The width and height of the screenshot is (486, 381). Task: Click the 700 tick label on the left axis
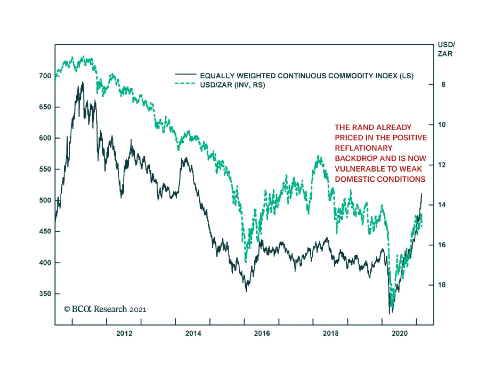click(x=45, y=76)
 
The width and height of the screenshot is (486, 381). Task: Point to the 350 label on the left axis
click(x=45, y=294)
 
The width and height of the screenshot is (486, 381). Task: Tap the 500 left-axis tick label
click(x=45, y=200)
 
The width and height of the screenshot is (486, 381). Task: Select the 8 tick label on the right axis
click(x=443, y=85)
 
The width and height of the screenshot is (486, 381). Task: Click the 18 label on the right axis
click(x=442, y=285)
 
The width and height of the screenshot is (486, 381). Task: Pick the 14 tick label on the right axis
click(x=442, y=205)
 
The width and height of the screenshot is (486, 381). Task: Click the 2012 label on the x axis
click(x=124, y=333)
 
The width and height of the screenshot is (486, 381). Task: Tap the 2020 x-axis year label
click(x=399, y=333)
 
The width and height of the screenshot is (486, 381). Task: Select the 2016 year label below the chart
click(x=262, y=333)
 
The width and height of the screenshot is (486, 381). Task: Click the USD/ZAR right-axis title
click(x=446, y=49)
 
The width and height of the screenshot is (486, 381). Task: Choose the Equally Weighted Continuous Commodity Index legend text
click(x=306, y=76)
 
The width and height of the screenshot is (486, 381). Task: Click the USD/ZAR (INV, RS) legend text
click(x=232, y=85)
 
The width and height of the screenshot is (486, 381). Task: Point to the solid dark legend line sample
click(x=186, y=74)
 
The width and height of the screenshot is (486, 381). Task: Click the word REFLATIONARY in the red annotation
click(x=363, y=148)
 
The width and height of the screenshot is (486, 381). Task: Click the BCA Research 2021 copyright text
click(x=105, y=309)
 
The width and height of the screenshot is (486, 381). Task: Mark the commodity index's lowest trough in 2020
click(x=389, y=314)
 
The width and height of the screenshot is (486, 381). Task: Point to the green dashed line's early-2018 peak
click(x=318, y=156)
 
